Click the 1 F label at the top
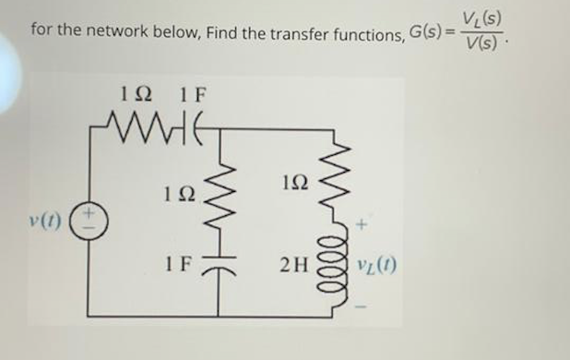tap(194, 93)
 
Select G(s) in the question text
tap(427, 34)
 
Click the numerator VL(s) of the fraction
tap(483, 18)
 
